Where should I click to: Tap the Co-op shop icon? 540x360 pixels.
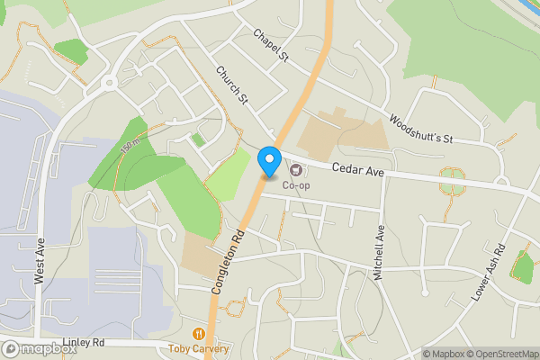296,169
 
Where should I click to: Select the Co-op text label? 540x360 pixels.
296,185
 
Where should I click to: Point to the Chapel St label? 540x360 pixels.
269,46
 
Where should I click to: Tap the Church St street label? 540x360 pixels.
230,85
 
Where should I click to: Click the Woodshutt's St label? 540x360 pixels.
419,129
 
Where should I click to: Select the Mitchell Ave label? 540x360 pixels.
380,253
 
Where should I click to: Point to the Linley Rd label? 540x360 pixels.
85,343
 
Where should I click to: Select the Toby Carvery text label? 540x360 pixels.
199,348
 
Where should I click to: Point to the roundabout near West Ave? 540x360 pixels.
110,83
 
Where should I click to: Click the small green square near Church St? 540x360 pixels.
198,139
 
